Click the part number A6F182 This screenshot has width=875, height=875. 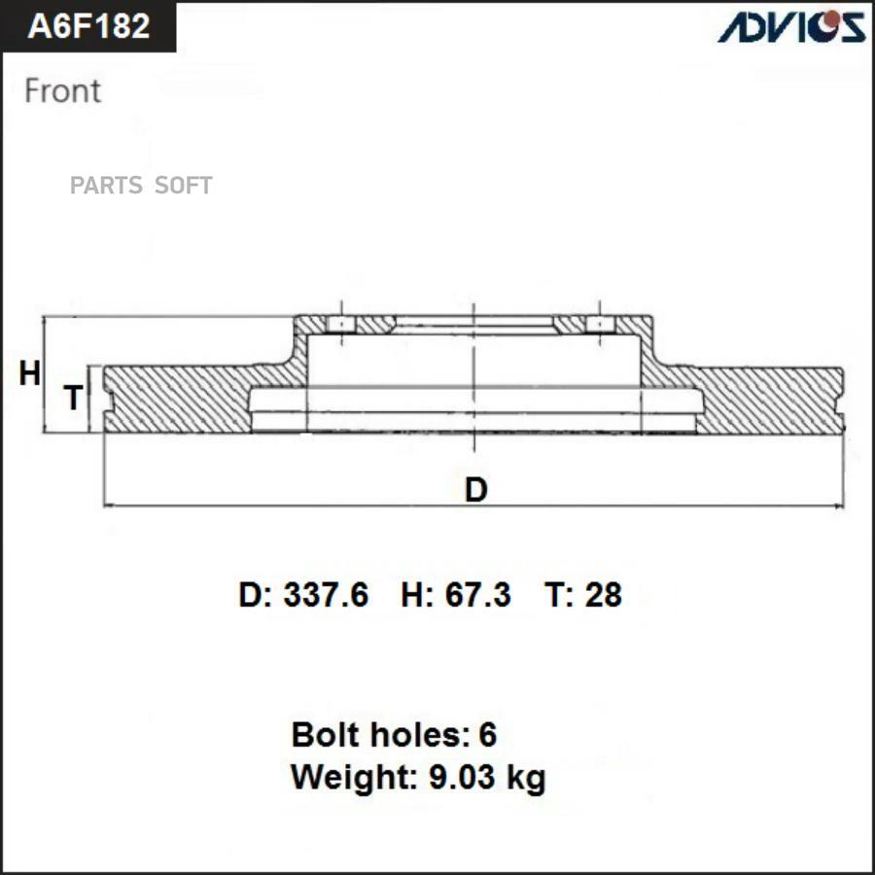pyautogui.click(x=88, y=26)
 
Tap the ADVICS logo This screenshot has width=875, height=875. pyautogui.click(x=791, y=26)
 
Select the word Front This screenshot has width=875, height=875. pyautogui.click(x=62, y=90)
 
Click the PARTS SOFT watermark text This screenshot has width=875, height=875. pyautogui.click(x=141, y=186)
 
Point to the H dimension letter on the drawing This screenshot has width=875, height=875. pyautogui.click(x=30, y=373)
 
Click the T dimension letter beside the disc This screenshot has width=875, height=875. pyautogui.click(x=73, y=398)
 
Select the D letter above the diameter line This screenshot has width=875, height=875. pyautogui.click(x=475, y=490)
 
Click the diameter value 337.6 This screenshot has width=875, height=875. pyautogui.click(x=326, y=595)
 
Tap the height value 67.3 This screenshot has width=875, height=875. pyautogui.click(x=477, y=595)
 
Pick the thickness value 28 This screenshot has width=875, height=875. pyautogui.click(x=603, y=595)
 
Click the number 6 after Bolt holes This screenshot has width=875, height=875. pyautogui.click(x=487, y=735)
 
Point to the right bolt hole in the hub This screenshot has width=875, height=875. pyautogui.click(x=602, y=324)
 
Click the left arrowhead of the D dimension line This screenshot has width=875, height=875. pyautogui.click(x=107, y=506)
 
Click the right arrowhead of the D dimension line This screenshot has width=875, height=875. pyautogui.click(x=837, y=506)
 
